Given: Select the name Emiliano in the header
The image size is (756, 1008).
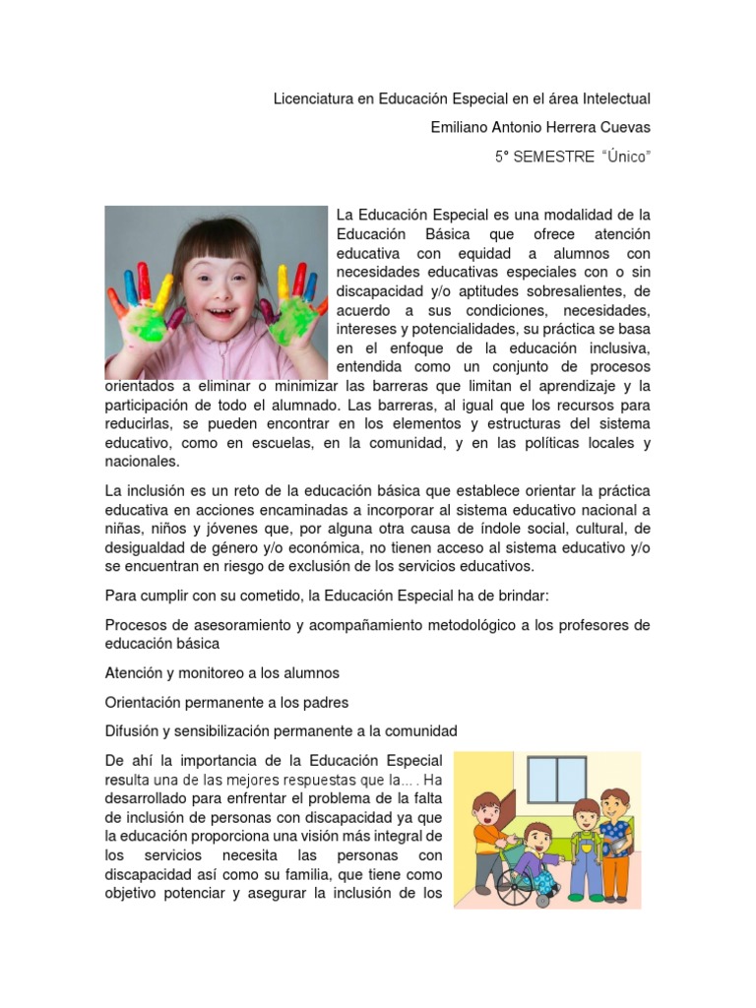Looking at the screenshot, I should coord(463,128).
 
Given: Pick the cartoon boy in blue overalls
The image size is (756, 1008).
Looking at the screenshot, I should coord(586,848).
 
